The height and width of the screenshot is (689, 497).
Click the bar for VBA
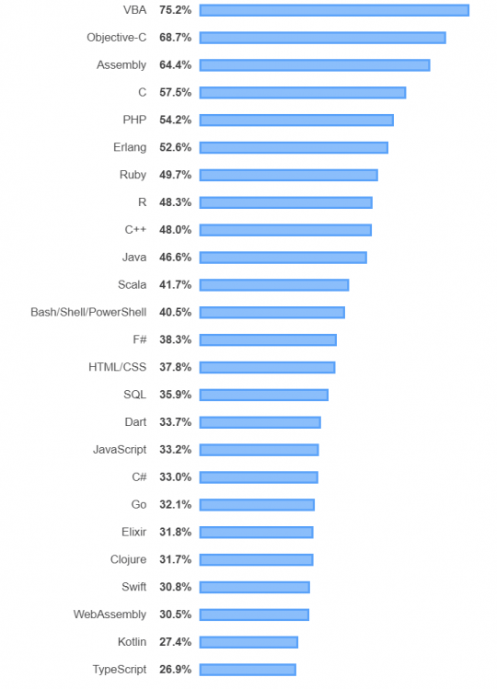point(334,10)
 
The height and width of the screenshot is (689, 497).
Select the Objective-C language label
point(116,38)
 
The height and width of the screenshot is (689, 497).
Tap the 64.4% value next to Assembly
point(175,65)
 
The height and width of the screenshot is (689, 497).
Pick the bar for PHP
point(296,121)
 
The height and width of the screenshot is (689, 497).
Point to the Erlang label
point(130,147)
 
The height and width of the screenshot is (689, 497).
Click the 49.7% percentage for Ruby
point(175,175)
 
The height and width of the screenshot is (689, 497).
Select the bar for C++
point(285,230)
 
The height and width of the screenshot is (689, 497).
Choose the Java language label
point(133,258)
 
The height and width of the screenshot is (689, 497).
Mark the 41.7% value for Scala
point(175,285)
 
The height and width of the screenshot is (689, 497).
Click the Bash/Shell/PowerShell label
point(88,312)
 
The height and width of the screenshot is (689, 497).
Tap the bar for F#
point(268,339)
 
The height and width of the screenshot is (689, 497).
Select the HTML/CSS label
point(117,367)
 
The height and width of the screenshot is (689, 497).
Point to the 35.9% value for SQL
point(175,395)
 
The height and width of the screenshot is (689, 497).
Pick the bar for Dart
point(260,422)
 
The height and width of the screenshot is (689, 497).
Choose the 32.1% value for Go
point(175,504)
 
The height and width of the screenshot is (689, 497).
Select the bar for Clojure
point(256,559)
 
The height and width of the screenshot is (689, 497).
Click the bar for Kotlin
point(248,642)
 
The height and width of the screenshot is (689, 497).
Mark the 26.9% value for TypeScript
point(175,669)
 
